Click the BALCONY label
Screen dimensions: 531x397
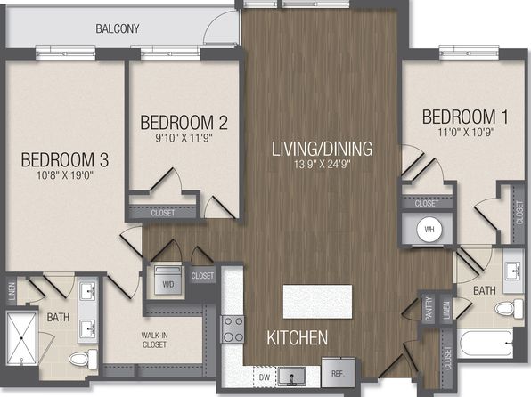(x=118, y=28)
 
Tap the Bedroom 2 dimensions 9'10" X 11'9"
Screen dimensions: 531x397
(x=184, y=138)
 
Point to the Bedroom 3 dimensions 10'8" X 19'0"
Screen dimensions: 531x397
(x=65, y=175)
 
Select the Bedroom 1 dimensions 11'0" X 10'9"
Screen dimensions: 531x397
(x=466, y=132)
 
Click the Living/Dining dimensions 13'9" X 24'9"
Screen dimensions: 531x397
(x=322, y=165)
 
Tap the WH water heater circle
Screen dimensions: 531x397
(x=429, y=230)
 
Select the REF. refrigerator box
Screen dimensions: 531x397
(x=338, y=372)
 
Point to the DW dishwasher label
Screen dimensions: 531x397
(x=265, y=377)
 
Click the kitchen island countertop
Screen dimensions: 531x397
(x=317, y=302)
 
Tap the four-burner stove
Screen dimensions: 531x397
(x=233, y=329)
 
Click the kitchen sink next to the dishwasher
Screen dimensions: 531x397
(x=291, y=377)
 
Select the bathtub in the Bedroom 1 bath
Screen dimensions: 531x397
(x=486, y=344)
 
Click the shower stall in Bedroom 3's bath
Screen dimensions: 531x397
(x=22, y=338)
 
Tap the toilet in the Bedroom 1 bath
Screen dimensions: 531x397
(x=509, y=308)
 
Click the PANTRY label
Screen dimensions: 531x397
(x=429, y=308)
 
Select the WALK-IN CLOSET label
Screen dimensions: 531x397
(x=154, y=340)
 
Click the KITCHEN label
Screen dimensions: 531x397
(x=297, y=337)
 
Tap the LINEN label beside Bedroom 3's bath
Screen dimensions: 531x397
(x=12, y=291)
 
